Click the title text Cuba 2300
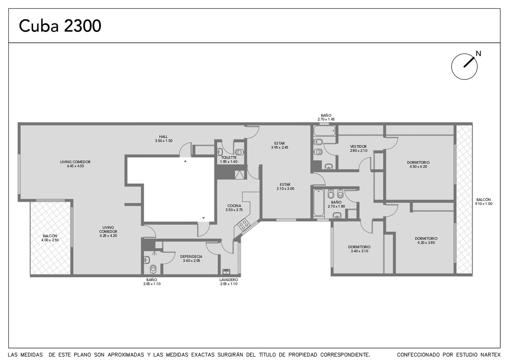click(x=60, y=26)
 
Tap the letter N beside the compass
click(x=478, y=54)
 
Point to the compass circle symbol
click(x=464, y=67)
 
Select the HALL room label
click(x=163, y=137)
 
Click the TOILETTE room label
click(x=229, y=158)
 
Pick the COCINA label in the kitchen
click(x=234, y=206)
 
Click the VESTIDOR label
click(x=358, y=146)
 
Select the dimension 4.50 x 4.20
click(x=418, y=166)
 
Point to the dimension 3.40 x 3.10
click(x=359, y=251)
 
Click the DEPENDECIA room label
click(x=191, y=257)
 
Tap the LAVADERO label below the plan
click(x=229, y=280)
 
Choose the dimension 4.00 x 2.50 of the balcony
click(x=50, y=240)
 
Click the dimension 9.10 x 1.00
click(x=484, y=204)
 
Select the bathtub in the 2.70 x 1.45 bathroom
click(x=324, y=131)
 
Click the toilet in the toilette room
click(x=239, y=152)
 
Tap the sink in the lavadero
click(x=226, y=271)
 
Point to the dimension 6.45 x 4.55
click(x=75, y=166)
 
